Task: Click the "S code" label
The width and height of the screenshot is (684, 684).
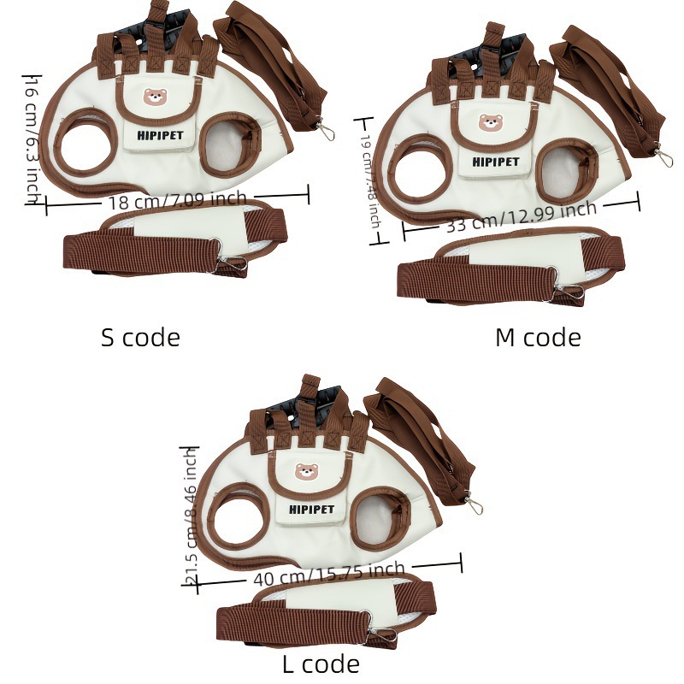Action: point(140,337)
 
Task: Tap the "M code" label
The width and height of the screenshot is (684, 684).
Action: point(538,337)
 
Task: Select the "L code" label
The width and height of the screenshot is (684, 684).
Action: point(321,663)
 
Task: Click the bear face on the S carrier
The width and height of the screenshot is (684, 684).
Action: point(155,99)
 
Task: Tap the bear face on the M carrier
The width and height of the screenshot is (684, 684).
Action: point(490,123)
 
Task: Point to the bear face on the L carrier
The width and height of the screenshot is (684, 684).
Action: point(306,472)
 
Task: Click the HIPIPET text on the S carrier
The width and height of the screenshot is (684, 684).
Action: point(160,133)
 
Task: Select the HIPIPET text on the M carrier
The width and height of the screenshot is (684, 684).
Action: point(495,161)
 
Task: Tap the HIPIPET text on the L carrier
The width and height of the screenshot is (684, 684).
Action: point(312,510)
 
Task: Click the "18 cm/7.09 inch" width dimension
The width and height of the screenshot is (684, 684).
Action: point(177,202)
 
